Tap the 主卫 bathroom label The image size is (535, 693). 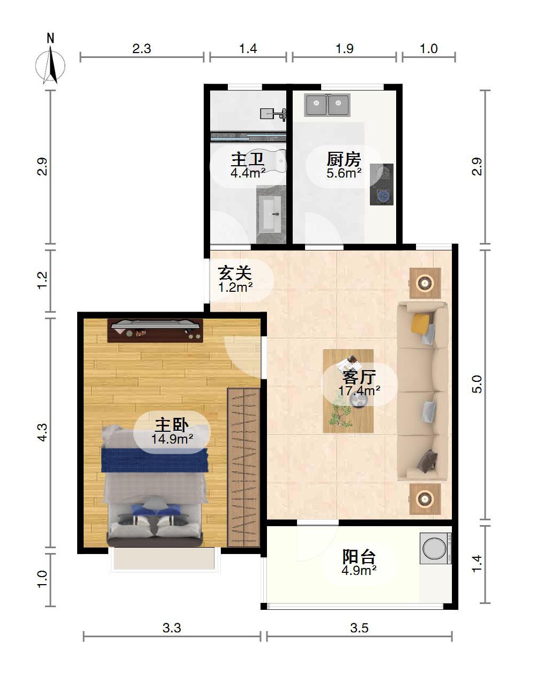click(x=248, y=159)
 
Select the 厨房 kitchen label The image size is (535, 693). click(x=344, y=159)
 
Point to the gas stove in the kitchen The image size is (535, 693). click(x=381, y=185)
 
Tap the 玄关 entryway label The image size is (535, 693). click(x=235, y=273)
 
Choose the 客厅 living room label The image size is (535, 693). click(x=359, y=378)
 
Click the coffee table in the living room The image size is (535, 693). click(x=348, y=391)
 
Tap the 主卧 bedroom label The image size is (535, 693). click(x=172, y=425)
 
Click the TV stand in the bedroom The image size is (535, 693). click(x=155, y=330)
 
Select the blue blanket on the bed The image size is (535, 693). click(x=155, y=460)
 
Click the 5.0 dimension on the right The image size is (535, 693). click(x=478, y=384)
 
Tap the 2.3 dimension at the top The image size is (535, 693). click(x=142, y=49)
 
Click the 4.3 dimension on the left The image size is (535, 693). click(x=42, y=433)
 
